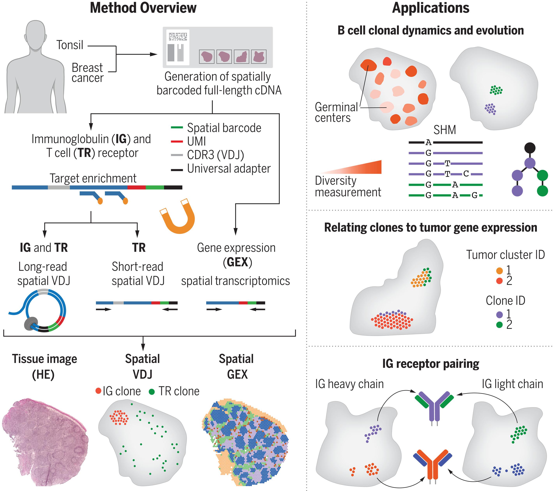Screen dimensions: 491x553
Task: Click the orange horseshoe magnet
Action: (x=179, y=222)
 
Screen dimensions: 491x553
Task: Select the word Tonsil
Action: (x=70, y=45)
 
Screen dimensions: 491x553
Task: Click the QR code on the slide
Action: (x=178, y=36)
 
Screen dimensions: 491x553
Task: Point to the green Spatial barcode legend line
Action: (x=177, y=127)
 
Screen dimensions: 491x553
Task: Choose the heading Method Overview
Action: (x=143, y=8)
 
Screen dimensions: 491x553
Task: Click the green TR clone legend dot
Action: (x=152, y=391)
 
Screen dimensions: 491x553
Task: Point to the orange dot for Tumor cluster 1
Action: (x=499, y=270)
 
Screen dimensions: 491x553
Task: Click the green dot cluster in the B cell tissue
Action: (x=496, y=90)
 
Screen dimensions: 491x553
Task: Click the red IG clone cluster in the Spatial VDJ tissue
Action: (x=119, y=417)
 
